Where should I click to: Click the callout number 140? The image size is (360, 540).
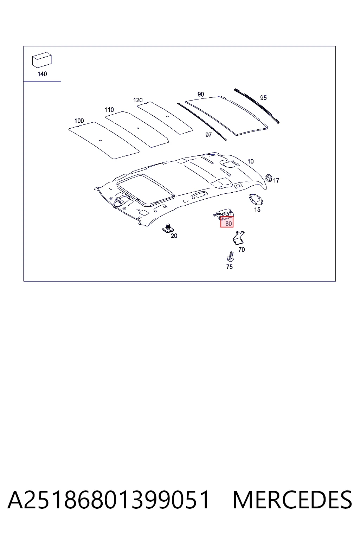tap(42, 74)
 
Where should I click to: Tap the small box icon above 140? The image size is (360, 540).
tap(42, 60)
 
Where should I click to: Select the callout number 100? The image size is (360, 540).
tap(79, 121)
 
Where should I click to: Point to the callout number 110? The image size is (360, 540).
tap(109, 110)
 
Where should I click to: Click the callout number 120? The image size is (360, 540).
tap(138, 100)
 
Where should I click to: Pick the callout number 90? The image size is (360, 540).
tap(201, 94)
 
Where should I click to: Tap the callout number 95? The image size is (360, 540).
tap(263, 98)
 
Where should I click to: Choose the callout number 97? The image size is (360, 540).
tap(208, 135)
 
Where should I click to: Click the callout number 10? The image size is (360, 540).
tap(251, 161)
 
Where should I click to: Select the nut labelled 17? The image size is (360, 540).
tap(268, 178)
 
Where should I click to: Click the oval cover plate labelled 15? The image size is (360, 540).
tap(256, 199)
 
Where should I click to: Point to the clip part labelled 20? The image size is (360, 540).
tap(168, 228)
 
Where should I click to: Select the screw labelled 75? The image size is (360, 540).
tap(230, 257)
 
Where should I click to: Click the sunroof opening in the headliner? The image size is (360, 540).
tap(146, 191)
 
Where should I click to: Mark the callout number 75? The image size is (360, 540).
tap(230, 267)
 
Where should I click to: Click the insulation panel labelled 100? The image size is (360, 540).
tap(104, 140)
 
